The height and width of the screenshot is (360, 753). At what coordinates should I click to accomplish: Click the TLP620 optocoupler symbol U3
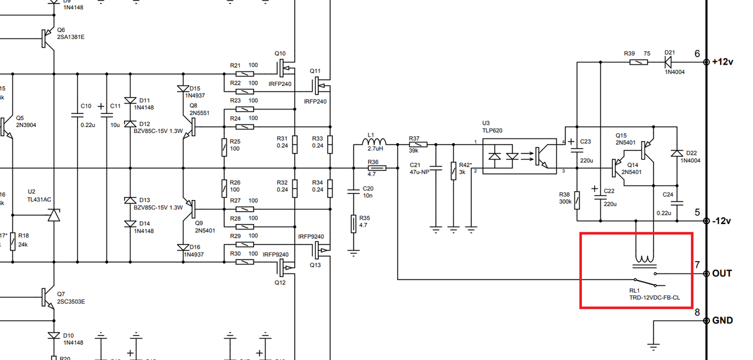point(519,157)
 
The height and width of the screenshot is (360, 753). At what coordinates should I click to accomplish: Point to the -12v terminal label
point(721,221)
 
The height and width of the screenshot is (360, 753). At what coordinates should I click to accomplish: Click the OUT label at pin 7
point(722,274)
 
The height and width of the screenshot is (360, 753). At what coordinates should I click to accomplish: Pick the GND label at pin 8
point(722,321)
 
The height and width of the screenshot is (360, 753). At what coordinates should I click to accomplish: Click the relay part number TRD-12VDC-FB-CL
point(655,298)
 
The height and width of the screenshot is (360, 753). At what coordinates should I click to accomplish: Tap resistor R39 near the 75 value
point(639,61)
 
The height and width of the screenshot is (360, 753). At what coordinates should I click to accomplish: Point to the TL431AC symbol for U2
point(54,215)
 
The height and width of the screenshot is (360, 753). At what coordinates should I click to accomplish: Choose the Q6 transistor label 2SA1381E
point(71,36)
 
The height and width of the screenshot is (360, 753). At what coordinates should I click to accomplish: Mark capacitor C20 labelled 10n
point(353,191)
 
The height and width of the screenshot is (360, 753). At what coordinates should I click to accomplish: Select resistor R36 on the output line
point(376,168)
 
